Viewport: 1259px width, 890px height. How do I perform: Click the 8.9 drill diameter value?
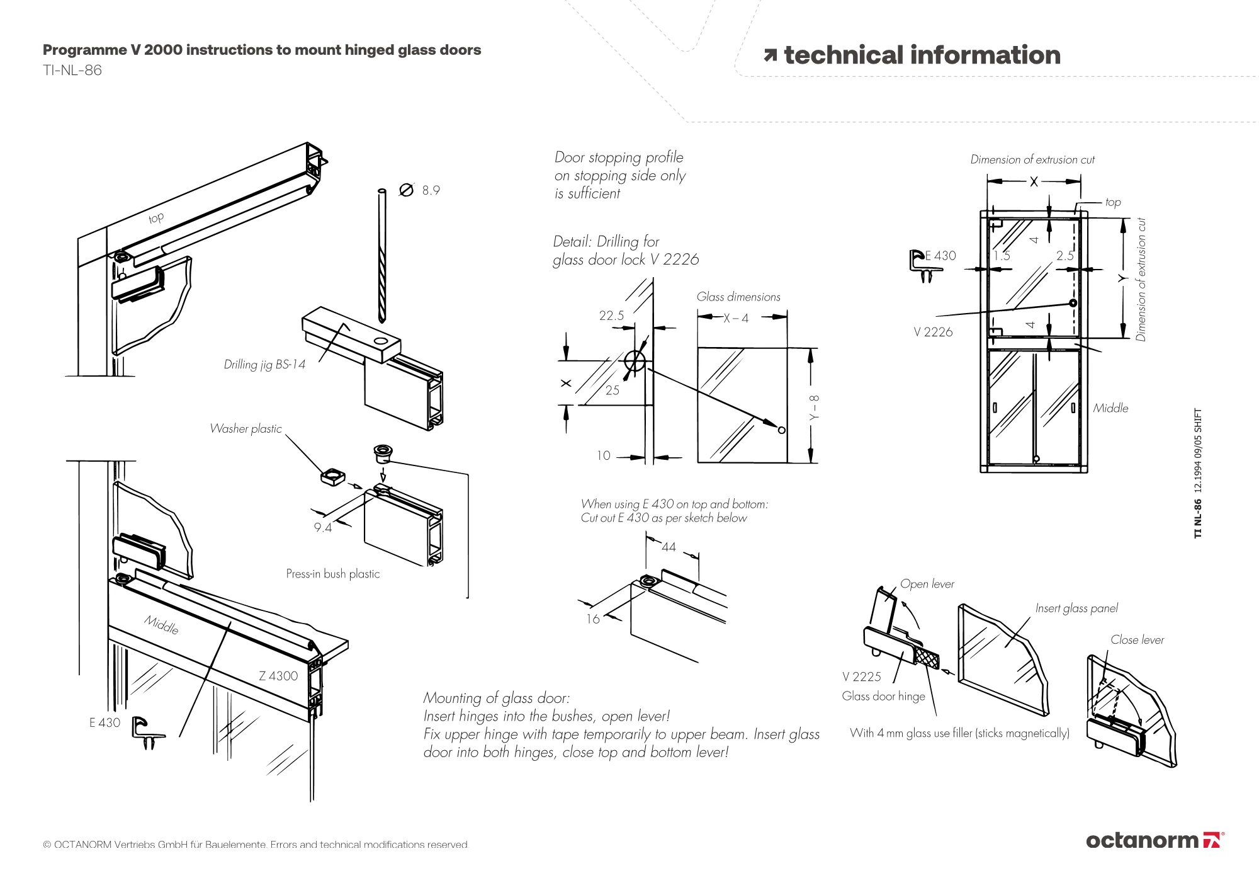[431, 190]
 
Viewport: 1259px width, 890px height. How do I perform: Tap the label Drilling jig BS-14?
[264, 365]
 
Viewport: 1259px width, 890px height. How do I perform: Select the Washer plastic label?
[246, 429]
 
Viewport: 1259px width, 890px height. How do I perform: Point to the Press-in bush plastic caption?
[333, 574]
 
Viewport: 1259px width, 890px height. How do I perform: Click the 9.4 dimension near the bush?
[323, 528]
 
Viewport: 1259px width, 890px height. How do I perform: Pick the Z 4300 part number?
[278, 676]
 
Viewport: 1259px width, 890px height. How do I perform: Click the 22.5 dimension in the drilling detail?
[611, 316]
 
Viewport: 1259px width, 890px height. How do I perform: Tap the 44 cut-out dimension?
[669, 547]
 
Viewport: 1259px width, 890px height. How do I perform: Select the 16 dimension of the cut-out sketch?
[593, 619]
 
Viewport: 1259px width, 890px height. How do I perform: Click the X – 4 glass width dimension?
[736, 319]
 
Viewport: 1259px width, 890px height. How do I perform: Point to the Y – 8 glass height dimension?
[814, 408]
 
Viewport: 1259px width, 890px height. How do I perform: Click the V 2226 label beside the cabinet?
[933, 332]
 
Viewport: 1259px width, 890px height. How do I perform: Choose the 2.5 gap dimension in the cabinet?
[1064, 256]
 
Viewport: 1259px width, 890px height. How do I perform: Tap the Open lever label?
[927, 584]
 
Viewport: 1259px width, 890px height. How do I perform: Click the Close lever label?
[1137, 640]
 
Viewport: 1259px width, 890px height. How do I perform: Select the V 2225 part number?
[862, 676]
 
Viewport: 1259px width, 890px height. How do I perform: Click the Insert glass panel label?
[1076, 608]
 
